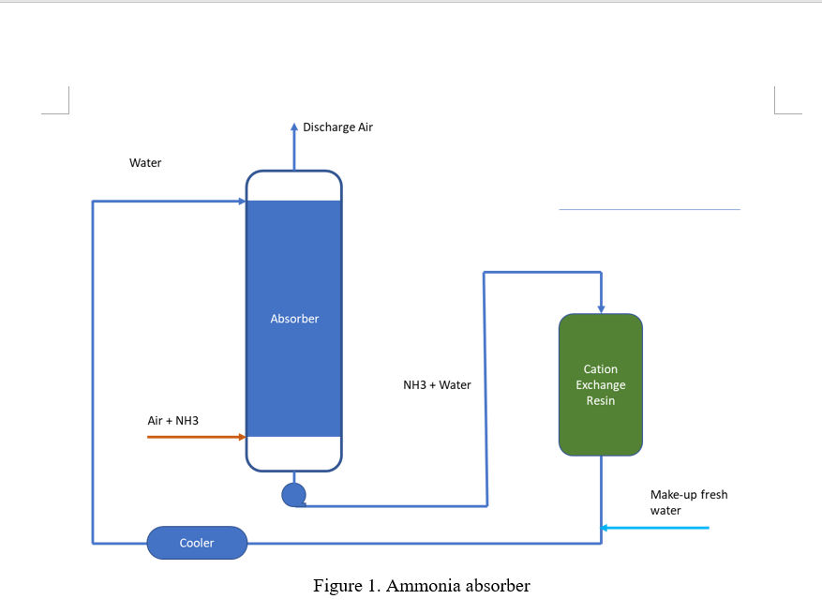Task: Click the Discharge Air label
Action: pyautogui.click(x=337, y=127)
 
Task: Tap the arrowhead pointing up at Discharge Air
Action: pyautogui.click(x=294, y=127)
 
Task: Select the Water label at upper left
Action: pyautogui.click(x=145, y=163)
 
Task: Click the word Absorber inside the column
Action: pyautogui.click(x=294, y=319)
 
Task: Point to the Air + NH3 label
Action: pyautogui.click(x=173, y=421)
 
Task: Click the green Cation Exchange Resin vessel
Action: pyautogui.click(x=601, y=422)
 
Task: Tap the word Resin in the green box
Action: pyautogui.click(x=601, y=400)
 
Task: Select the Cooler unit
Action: pyautogui.click(x=197, y=543)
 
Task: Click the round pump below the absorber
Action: pyautogui.click(x=293, y=494)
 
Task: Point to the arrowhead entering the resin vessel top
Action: pyautogui.click(x=601, y=308)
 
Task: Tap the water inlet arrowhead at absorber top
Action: pyautogui.click(x=241, y=202)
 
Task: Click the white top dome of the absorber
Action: pyautogui.click(x=294, y=185)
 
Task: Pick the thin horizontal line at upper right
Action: pyautogui.click(x=649, y=209)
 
